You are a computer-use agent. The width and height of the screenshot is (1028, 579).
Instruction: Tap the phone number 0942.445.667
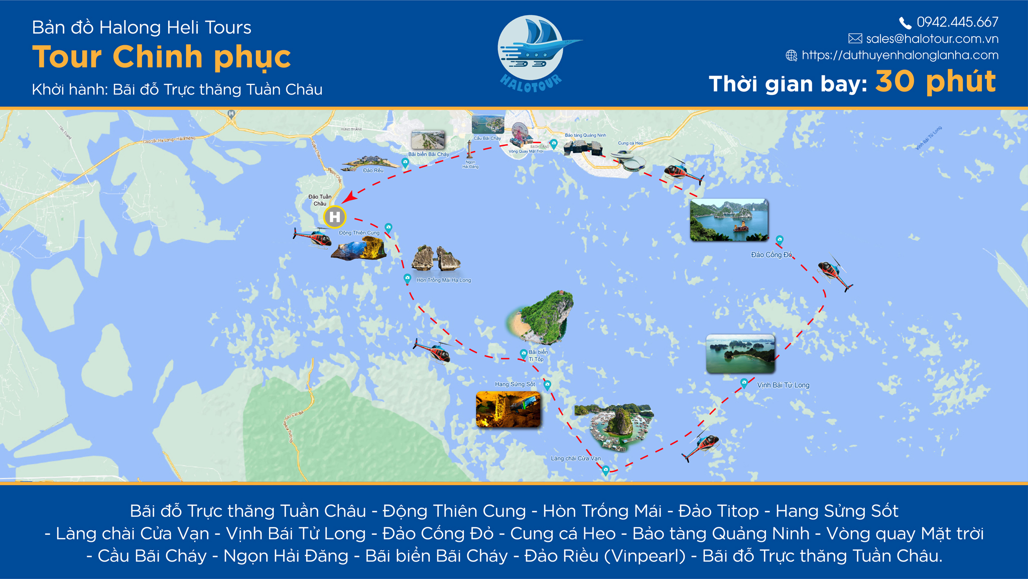[x=957, y=22]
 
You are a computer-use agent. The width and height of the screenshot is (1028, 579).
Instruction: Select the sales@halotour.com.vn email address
[x=932, y=39]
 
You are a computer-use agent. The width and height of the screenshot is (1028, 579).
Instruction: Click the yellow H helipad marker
[x=334, y=217]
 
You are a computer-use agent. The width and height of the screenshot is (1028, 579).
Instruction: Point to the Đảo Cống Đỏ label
[x=771, y=255]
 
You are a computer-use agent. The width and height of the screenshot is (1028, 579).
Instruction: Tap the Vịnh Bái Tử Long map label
[x=783, y=385]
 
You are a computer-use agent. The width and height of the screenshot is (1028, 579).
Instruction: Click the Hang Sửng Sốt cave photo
[x=508, y=410]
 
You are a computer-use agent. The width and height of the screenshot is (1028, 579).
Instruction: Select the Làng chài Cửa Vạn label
[x=575, y=458]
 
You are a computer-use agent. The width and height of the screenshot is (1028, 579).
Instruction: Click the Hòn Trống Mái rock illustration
[x=436, y=258]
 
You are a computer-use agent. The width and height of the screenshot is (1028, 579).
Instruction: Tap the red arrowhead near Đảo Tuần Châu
[x=349, y=197]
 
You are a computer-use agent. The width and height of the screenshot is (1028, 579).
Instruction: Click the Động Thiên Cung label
[x=359, y=233]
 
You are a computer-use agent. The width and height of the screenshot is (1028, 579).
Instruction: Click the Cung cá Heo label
[x=630, y=143]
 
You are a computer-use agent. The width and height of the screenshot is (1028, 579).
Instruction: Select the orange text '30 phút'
[x=935, y=81]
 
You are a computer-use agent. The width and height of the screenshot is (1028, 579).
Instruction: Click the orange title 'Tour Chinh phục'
[x=161, y=57]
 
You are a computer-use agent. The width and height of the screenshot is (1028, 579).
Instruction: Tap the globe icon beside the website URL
[x=791, y=55]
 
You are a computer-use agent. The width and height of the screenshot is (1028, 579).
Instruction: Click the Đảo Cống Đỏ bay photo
[x=729, y=220]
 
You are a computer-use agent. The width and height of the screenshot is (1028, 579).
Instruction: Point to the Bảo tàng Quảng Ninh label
[x=585, y=135]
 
